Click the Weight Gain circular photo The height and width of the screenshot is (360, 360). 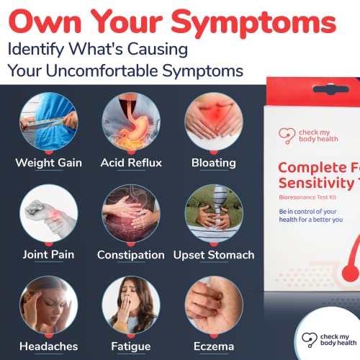tap(48, 120)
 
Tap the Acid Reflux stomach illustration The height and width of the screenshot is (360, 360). tap(131, 120)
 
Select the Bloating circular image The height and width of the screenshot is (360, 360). tap(214, 120)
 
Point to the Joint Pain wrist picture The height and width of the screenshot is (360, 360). tap(48, 213)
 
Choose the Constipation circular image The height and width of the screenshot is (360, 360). tap(131, 213)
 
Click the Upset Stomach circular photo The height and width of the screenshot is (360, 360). tap(214, 213)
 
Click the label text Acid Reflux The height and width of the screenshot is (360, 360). tap(131, 163)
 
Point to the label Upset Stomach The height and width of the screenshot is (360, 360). tap(214, 255)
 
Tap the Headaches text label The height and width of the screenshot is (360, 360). tap(48, 347)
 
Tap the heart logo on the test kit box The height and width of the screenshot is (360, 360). tap(286, 135)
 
